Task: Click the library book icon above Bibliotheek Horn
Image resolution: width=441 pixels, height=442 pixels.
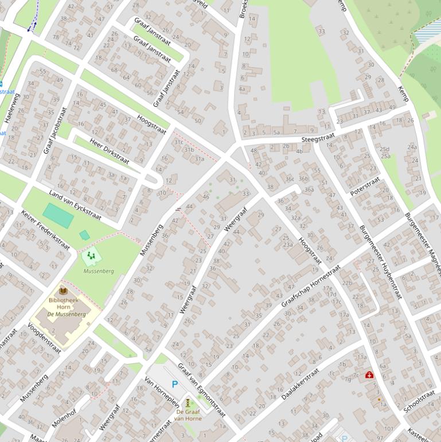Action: click(63, 290)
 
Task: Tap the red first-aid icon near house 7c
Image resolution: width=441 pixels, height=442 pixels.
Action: click(369, 375)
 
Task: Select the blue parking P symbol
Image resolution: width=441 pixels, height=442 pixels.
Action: click(175, 385)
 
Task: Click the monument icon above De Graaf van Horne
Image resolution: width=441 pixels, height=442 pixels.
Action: click(188, 403)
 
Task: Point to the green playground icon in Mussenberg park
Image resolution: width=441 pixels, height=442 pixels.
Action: click(91, 256)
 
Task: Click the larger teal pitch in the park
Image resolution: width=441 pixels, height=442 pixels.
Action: click(58, 215)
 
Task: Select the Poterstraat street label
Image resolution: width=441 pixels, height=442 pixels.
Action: click(365, 185)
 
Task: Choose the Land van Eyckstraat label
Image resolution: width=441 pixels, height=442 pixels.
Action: click(75, 205)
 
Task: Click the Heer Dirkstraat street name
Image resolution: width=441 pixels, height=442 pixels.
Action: click(110, 150)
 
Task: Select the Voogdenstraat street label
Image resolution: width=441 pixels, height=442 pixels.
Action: click(44, 338)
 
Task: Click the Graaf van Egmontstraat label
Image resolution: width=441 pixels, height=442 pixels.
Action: click(202, 390)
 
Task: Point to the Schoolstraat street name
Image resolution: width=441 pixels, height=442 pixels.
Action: click(419, 402)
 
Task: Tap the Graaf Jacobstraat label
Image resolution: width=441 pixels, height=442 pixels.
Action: click(56, 130)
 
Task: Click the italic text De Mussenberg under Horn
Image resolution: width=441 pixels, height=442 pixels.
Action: click(67, 314)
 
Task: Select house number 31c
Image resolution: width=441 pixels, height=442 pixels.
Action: click(178, 142)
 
